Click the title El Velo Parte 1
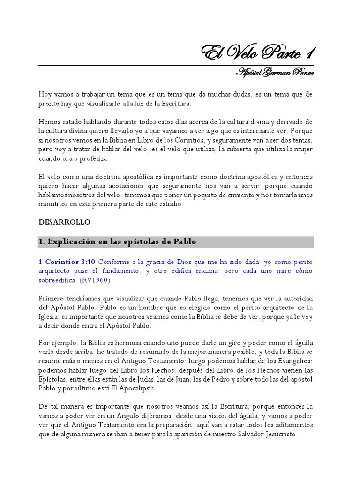coord(257,53)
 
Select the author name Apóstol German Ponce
coord(275,72)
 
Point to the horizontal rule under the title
coord(176,65)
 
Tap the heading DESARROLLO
coord(64,222)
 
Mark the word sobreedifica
coord(58,280)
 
